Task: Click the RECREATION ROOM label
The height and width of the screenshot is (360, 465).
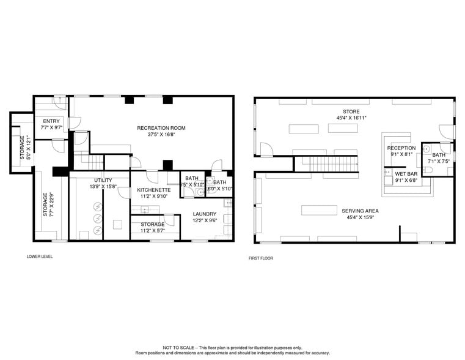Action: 161,128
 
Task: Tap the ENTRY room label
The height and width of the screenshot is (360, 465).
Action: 51,121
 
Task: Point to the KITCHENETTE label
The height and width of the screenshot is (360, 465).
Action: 153,190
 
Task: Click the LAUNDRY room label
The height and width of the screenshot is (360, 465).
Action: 204,214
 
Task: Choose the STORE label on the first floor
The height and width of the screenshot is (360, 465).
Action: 351,111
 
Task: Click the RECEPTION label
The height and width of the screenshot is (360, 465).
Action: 401,148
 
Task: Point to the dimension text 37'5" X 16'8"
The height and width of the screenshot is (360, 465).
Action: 161,134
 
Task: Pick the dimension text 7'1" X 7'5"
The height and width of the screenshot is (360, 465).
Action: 439,161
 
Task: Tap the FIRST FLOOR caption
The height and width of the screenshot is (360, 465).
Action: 261,258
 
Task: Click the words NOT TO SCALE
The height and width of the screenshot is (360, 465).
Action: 175,347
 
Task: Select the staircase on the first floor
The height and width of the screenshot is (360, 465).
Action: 326,164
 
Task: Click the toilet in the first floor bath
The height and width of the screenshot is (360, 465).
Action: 428,169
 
